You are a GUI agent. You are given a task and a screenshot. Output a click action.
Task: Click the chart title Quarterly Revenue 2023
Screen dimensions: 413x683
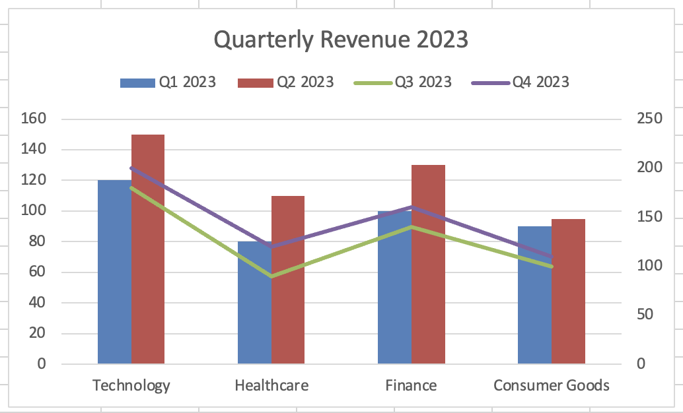341,40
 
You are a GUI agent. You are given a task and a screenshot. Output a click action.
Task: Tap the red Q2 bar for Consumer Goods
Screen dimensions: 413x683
568,297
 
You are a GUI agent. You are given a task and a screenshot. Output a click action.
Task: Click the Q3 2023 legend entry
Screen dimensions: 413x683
403,82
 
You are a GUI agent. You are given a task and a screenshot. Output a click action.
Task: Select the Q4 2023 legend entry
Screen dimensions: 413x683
521,82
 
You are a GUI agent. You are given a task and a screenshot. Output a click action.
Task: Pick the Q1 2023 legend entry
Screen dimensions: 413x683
168,82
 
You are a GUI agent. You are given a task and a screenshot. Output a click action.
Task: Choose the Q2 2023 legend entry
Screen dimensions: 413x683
285,82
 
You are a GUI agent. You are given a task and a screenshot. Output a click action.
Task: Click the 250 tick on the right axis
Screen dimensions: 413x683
649,119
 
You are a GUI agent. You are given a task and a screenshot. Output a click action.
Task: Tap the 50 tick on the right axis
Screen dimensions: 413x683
645,315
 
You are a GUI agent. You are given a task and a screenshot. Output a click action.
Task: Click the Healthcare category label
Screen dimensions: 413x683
271,385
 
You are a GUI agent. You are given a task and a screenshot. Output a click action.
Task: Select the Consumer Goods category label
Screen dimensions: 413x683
552,385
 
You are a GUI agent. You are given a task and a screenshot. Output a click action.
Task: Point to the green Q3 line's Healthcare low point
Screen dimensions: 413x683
271,276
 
